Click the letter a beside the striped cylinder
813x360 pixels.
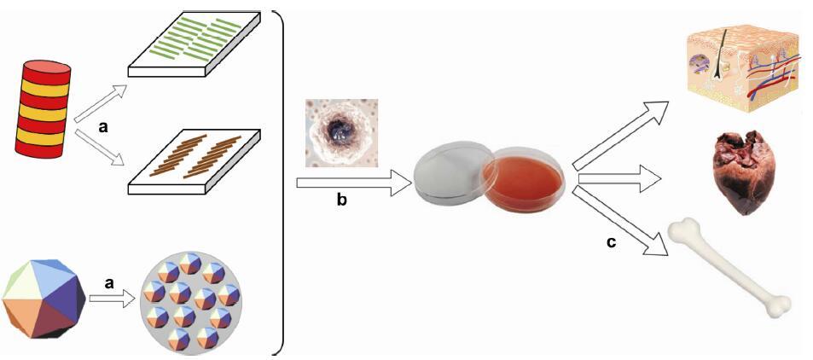pos(103,128)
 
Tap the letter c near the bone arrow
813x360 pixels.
pos(611,242)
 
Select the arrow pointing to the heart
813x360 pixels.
pos(618,177)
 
